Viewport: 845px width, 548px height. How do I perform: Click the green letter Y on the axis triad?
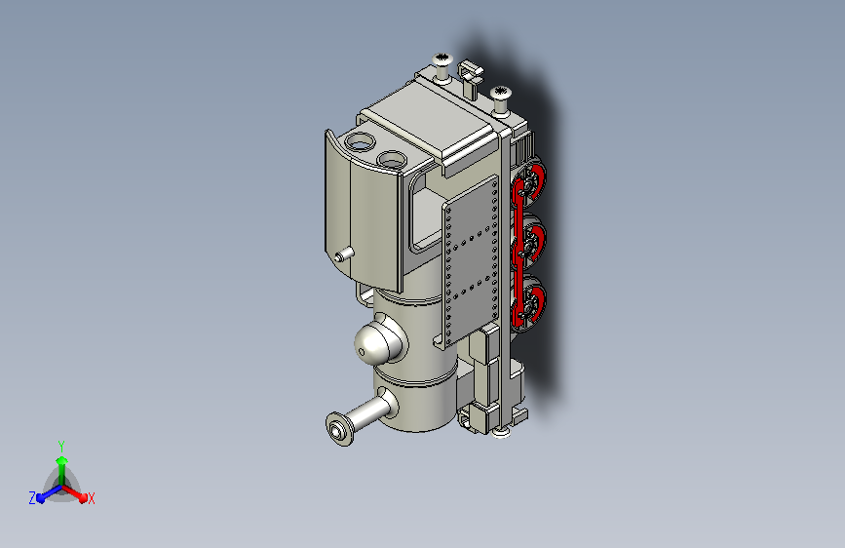[x=61, y=446]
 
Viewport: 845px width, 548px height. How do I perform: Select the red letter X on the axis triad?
[x=91, y=499]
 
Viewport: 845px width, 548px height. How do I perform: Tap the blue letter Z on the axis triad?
[x=32, y=498]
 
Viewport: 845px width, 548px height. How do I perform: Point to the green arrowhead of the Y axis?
[x=62, y=461]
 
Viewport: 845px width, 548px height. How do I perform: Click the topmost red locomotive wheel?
[x=530, y=181]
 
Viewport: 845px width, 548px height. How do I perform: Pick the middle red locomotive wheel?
[x=530, y=242]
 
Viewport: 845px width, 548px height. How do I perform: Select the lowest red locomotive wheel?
[x=530, y=303]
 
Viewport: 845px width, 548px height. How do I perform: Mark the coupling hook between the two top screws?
[x=470, y=77]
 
